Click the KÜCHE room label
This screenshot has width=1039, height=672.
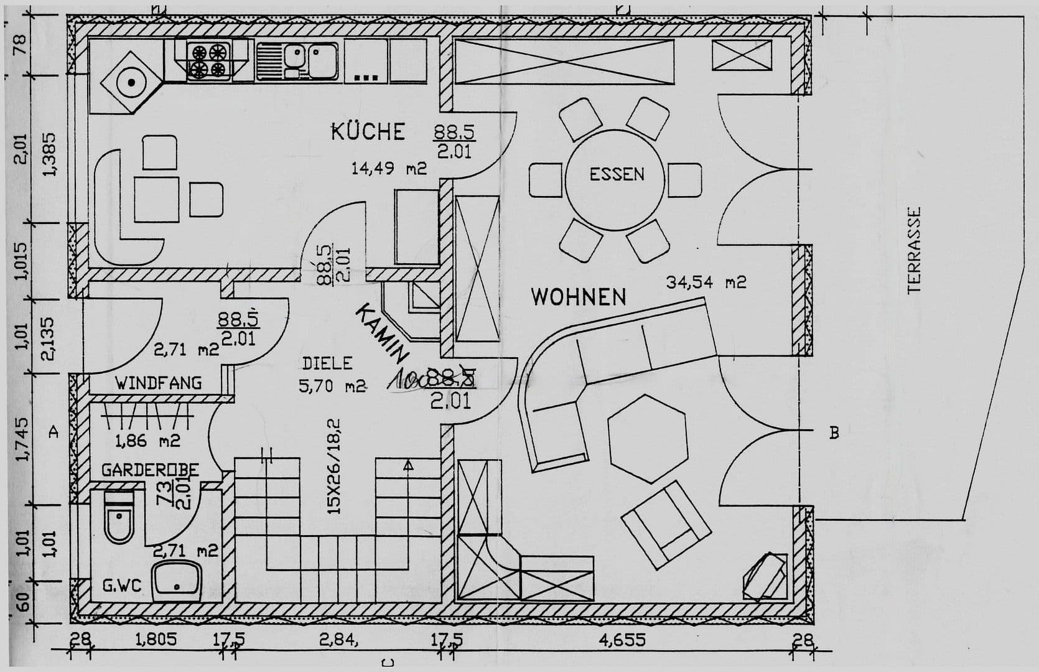point(368,132)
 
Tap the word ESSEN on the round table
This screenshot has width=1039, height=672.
point(617,174)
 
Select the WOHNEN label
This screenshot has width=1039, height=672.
point(578,297)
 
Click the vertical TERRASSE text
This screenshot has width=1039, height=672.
point(913,251)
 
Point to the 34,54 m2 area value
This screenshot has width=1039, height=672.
point(706,282)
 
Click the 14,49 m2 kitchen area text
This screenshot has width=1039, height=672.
point(389,168)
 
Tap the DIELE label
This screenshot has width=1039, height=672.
point(327,363)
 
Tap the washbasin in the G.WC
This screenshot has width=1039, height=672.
point(177,579)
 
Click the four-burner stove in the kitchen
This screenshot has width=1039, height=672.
point(208,60)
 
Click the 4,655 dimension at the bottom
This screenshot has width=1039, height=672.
point(622,640)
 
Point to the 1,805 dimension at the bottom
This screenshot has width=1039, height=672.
point(156,640)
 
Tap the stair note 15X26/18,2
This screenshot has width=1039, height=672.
point(334,465)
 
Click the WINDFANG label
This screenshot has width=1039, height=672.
point(158,383)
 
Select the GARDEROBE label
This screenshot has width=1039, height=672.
point(150,470)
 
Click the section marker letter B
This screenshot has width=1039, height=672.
point(834,432)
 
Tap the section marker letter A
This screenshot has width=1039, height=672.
point(54,431)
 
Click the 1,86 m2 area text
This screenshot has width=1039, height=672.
point(147,441)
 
